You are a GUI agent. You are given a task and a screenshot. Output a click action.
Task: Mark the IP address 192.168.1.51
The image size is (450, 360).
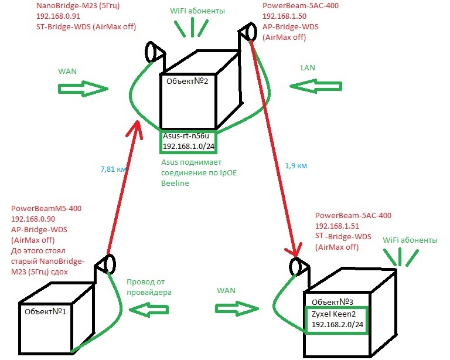click(x=339, y=226)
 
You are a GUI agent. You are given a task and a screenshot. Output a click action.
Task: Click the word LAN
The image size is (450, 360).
click(x=308, y=68)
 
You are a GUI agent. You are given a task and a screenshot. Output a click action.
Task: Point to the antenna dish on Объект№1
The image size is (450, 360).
click(x=107, y=264)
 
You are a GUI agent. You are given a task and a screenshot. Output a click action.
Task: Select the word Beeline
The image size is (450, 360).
click(x=174, y=183)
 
